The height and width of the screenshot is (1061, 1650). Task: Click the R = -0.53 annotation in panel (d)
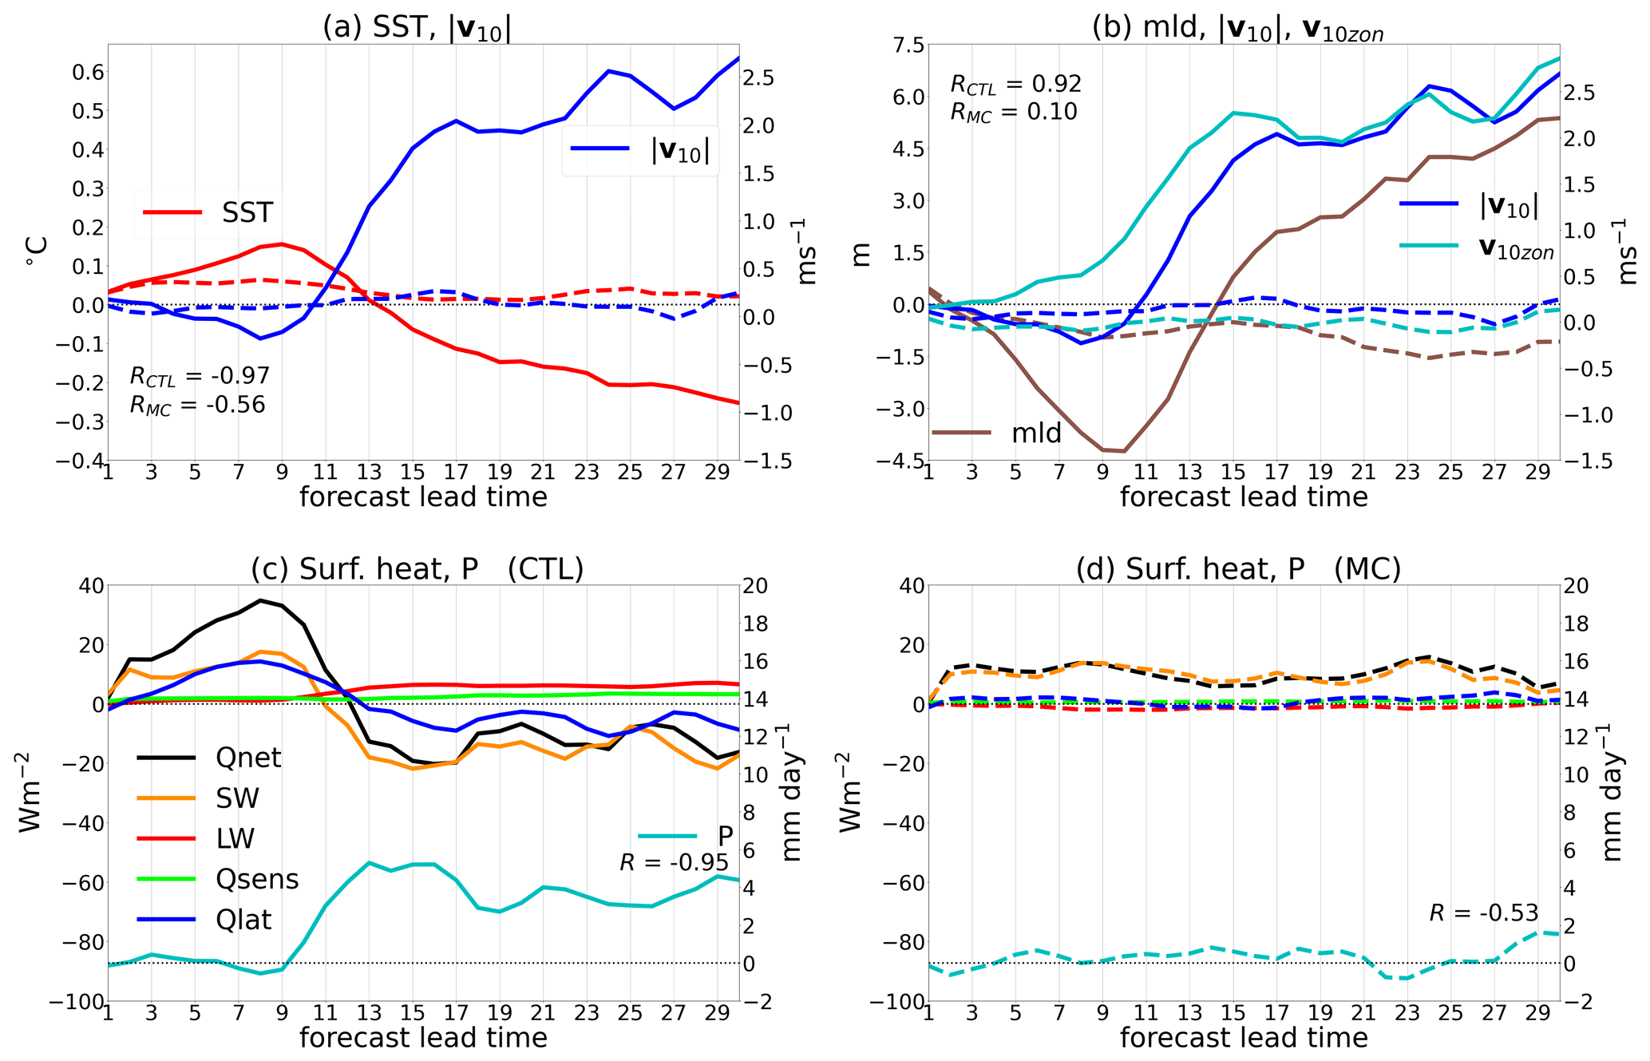point(1483,913)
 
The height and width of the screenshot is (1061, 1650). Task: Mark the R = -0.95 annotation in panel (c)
point(674,862)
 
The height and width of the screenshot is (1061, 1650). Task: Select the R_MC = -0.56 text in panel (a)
point(197,405)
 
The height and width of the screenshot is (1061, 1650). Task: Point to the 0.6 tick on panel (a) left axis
point(88,72)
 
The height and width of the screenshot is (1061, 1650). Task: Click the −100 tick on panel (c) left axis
point(77,1002)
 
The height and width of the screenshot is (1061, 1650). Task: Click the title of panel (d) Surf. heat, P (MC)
point(1238,568)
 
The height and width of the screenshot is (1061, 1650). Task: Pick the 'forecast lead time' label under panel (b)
point(1243,497)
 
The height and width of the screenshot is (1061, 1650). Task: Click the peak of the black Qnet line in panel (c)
point(259,600)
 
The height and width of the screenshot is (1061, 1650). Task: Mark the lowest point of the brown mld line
point(1124,451)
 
